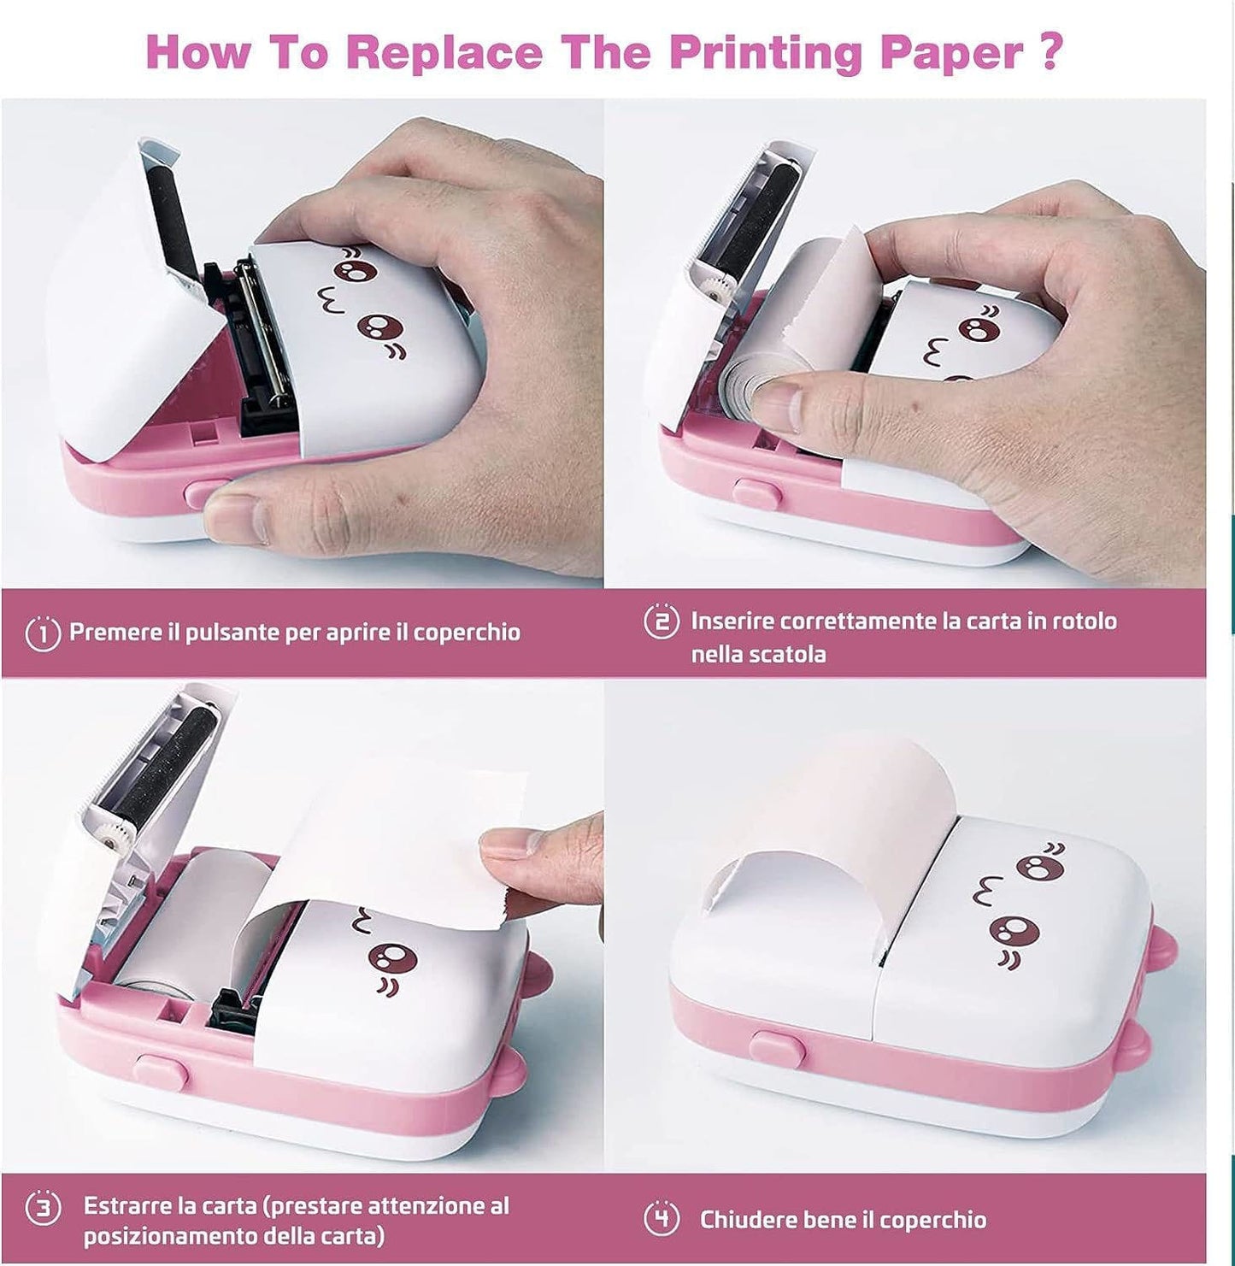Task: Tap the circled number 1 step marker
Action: pyautogui.click(x=43, y=633)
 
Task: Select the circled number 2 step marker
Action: pyautogui.click(x=661, y=621)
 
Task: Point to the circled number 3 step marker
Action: pyautogui.click(x=43, y=1209)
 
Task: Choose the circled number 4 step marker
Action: pyautogui.click(x=661, y=1219)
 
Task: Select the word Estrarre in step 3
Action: pyautogui.click(x=126, y=1206)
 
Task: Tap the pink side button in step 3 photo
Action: pyautogui.click(x=163, y=1071)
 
